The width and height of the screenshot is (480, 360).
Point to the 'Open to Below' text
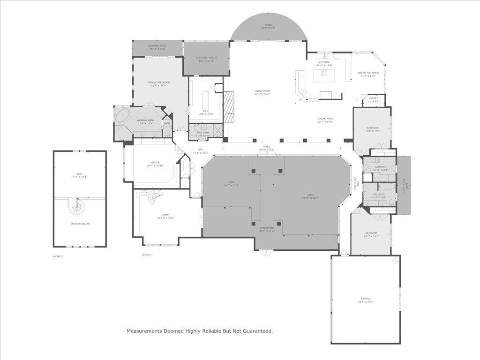pyautogui.click(x=80, y=224)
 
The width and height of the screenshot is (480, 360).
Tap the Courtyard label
pyautogui.click(x=267, y=229)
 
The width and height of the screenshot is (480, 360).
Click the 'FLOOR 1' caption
pyautogui.click(x=147, y=255)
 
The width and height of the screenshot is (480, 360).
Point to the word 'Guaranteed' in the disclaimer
pyautogui.click(x=256, y=331)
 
